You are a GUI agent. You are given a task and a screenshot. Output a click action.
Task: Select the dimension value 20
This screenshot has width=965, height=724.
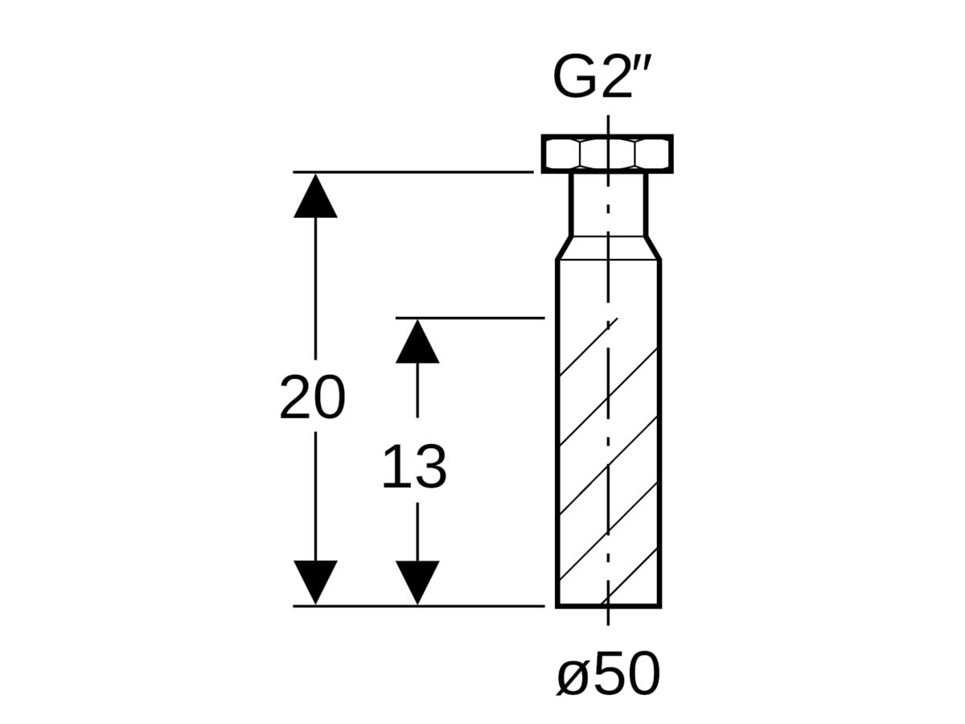(313, 397)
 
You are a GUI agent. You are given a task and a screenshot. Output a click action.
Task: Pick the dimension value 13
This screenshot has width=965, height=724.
(414, 467)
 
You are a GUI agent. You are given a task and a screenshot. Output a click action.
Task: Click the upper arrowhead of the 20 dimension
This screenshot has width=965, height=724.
(315, 195)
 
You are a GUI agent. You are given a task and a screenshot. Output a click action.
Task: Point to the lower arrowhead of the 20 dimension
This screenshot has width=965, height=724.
(315, 582)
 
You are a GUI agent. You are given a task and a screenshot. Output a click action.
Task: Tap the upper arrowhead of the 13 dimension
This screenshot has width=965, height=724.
(417, 341)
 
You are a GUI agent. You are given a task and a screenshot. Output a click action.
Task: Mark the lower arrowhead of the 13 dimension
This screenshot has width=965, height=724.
(417, 582)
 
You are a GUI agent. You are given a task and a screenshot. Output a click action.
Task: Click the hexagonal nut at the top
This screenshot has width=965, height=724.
(607, 153)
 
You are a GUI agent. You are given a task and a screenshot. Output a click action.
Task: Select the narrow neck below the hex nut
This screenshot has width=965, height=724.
(608, 204)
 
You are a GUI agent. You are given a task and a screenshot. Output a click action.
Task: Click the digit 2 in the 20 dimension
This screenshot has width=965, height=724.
(296, 397)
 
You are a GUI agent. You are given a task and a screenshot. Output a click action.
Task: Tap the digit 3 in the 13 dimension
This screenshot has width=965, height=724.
(429, 467)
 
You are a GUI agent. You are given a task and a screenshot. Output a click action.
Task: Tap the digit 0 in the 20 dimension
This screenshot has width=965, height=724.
(330, 397)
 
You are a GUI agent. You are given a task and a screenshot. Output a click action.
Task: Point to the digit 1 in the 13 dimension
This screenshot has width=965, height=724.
(395, 467)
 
